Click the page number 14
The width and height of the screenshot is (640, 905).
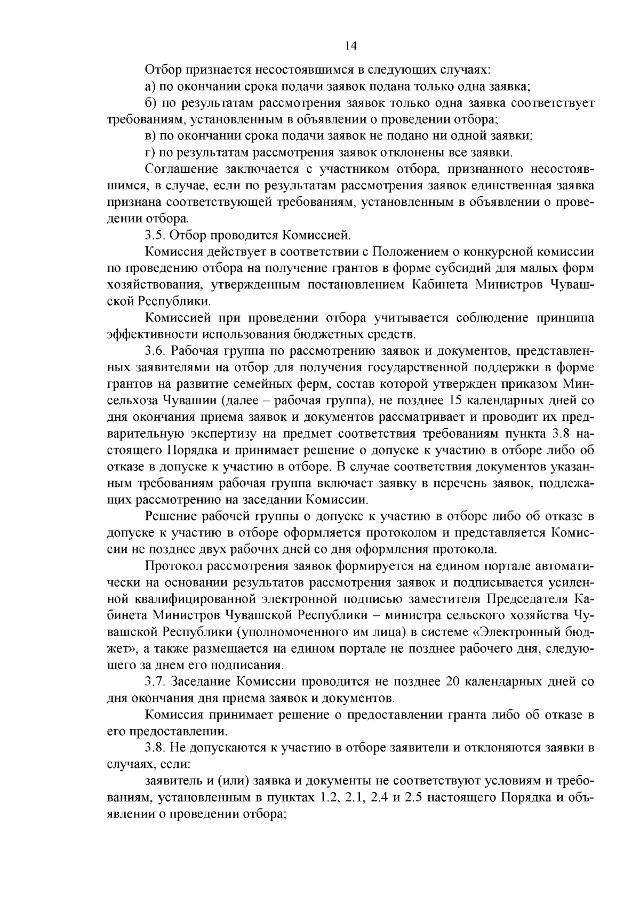350,46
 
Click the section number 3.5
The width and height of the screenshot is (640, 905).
155,235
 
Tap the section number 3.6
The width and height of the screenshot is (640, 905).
155,351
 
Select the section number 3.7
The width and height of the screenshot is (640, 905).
155,682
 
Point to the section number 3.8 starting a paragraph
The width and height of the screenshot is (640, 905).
155,748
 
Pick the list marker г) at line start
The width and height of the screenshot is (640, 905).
149,153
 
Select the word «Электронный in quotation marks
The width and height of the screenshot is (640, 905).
512,632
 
